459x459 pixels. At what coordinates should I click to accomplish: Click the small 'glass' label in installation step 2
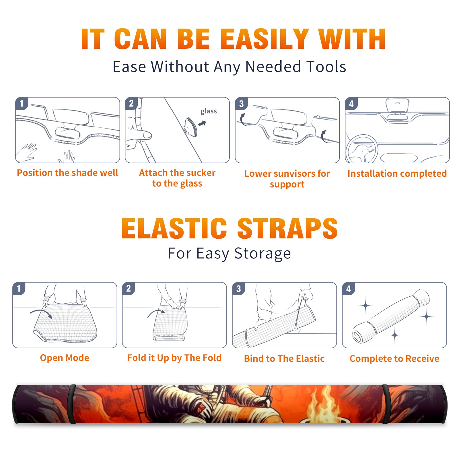coord(209,111)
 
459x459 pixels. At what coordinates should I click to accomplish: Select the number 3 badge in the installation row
coord(241,104)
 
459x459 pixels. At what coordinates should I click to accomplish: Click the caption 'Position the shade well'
coord(67,173)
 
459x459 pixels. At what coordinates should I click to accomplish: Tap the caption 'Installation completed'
coord(397,173)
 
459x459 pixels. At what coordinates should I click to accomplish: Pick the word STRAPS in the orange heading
coord(287,228)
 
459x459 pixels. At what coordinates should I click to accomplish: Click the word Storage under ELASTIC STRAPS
coord(262,254)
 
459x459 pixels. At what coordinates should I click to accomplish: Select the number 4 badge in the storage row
coord(349,289)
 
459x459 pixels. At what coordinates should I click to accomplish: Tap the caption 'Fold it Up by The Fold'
coord(174,358)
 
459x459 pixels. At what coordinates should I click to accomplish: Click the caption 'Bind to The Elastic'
coord(284,359)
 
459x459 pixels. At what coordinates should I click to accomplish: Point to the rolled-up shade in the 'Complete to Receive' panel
coord(391,316)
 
